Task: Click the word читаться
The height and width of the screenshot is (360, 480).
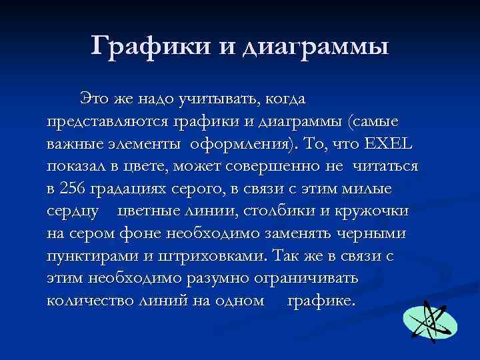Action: pos(386,167)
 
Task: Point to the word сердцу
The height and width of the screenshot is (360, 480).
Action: pos(73,212)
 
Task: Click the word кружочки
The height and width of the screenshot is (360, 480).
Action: pos(374,211)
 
